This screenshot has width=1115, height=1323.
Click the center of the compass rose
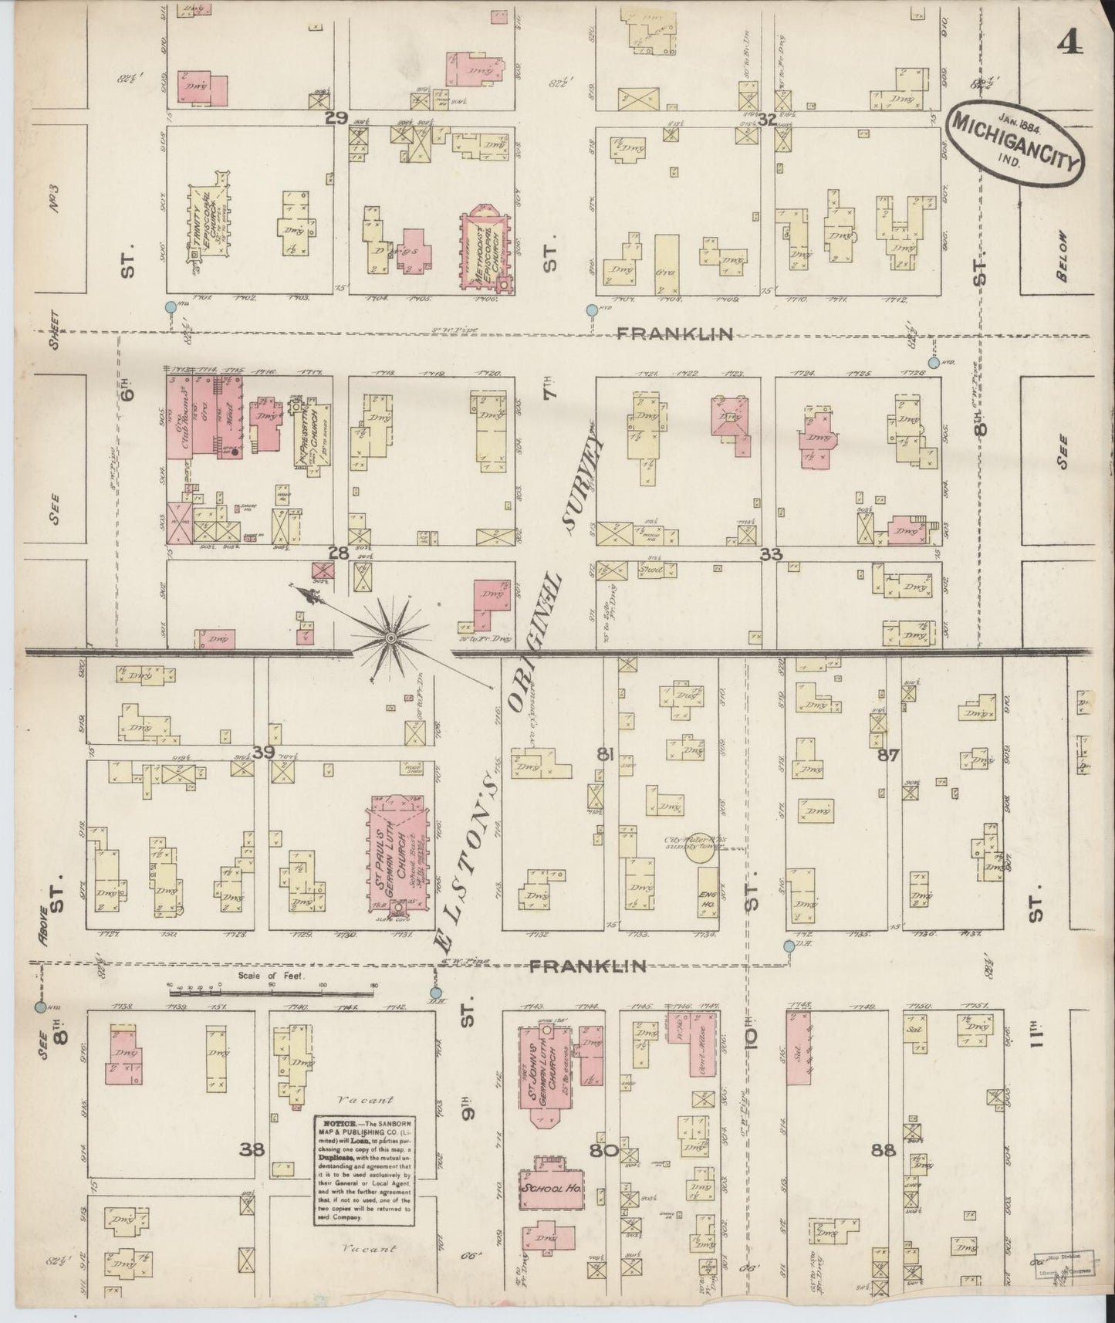click(392, 638)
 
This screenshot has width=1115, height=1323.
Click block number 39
click(263, 752)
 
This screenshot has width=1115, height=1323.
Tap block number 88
click(883, 1150)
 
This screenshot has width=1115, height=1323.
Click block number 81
click(604, 755)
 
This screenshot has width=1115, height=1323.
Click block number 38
click(252, 1149)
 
